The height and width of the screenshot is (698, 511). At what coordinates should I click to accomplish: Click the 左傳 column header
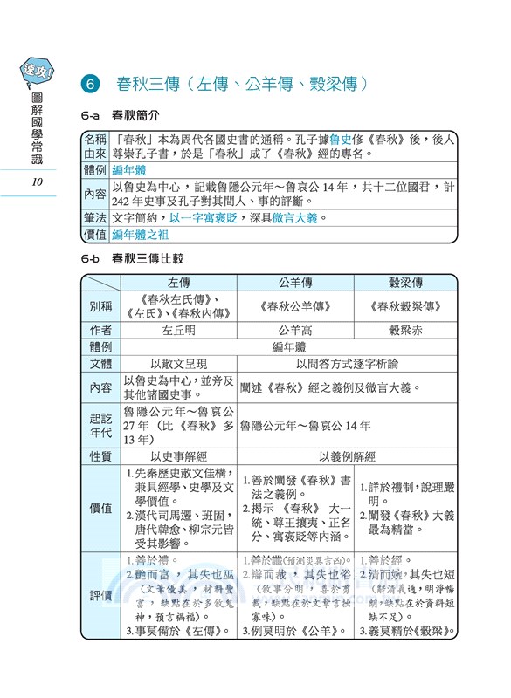click(178, 283)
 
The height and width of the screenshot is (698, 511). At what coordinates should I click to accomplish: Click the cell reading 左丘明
click(178, 330)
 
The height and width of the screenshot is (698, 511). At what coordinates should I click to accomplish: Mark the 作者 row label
click(100, 330)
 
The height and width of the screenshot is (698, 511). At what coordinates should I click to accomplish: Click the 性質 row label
click(100, 455)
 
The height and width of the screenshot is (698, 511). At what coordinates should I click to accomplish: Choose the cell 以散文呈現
click(178, 363)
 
